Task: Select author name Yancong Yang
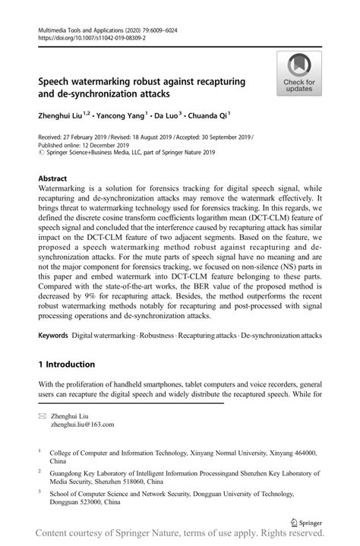[118, 115]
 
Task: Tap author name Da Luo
[166, 115]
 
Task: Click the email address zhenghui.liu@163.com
[82, 426]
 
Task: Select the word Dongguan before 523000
[66, 503]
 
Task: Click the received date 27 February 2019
[87, 137]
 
